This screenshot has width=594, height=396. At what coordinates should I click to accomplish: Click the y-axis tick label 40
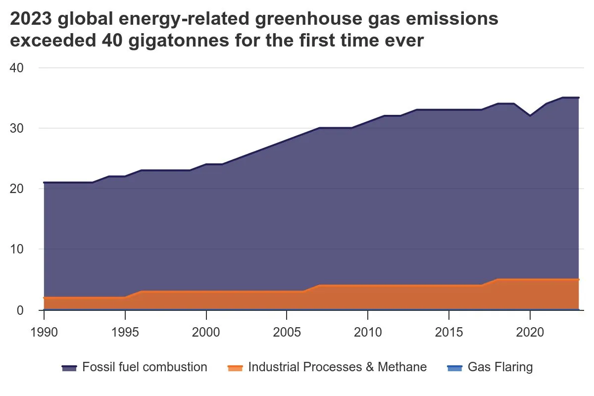(17, 68)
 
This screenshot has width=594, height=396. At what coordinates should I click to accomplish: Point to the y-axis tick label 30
(17, 128)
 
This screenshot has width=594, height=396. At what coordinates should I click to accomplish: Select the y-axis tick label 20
(17, 189)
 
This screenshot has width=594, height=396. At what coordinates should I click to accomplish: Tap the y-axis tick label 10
(17, 249)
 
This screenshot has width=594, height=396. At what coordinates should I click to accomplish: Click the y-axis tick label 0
(20, 310)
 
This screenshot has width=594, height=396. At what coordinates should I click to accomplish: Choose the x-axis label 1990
(44, 331)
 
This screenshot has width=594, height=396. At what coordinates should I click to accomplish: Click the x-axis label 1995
(125, 331)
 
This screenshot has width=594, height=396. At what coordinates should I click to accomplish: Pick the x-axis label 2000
(206, 331)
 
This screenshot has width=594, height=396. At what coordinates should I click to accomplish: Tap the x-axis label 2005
(287, 331)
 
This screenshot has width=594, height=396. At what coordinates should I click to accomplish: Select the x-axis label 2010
(368, 331)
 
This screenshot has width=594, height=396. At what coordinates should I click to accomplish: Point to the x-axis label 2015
(448, 331)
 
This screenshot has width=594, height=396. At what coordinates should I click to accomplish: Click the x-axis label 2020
(530, 331)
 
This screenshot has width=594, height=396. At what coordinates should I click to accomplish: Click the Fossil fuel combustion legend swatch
(69, 368)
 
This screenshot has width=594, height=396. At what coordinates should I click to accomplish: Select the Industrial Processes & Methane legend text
(337, 367)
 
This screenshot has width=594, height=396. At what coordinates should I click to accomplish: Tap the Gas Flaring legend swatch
(454, 368)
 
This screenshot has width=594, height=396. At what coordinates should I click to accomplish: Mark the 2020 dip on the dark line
(530, 116)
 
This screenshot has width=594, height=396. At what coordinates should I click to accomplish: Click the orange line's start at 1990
(44, 298)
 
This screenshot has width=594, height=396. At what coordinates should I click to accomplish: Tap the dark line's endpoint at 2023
(578, 98)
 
